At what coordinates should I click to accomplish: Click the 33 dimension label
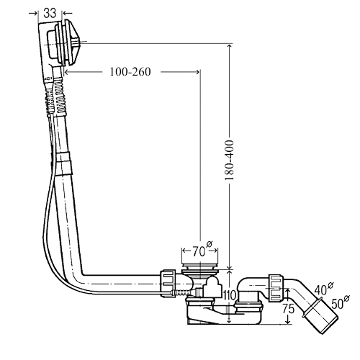pos(50,13)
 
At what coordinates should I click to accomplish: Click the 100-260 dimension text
pos(130,71)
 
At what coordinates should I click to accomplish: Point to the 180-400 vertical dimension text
pos(229,161)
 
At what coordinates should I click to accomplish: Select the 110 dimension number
pos(230,295)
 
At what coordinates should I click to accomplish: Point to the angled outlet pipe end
pos(321,317)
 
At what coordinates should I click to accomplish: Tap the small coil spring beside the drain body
pos(183,292)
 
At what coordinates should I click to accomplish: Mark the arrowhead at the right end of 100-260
pos(197,72)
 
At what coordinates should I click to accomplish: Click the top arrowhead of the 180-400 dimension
pos(230,47)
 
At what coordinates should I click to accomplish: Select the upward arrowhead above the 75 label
pos(287,291)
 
